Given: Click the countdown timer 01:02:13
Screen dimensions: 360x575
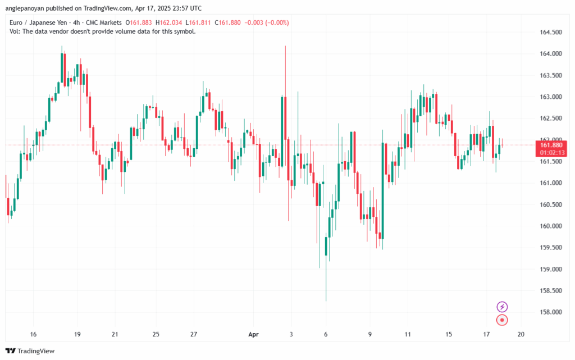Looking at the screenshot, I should tap(553, 152).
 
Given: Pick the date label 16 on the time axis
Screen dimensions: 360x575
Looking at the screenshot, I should tap(33, 335).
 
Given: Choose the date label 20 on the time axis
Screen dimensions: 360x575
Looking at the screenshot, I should tap(521, 335).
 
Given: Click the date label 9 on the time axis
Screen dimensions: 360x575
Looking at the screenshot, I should tap(370, 335).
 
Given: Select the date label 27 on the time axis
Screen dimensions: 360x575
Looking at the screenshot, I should tap(194, 335).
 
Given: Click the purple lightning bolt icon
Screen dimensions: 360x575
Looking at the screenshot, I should tap(503, 307).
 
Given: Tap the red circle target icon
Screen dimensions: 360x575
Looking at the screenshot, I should tap(503, 320).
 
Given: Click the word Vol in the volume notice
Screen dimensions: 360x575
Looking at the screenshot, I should tap(15, 31).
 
